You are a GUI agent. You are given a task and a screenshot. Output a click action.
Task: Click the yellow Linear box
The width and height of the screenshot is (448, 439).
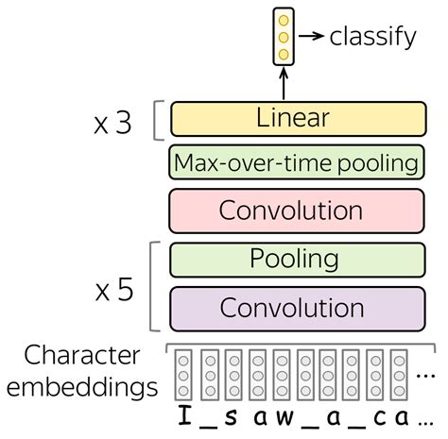click(x=293, y=119)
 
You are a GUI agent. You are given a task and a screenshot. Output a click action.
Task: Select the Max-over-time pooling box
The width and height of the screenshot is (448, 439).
click(x=295, y=163)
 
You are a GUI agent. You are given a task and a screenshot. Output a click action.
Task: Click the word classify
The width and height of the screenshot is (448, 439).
click(x=373, y=37)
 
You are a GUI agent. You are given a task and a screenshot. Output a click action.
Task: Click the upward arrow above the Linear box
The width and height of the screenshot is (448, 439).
click(x=282, y=82)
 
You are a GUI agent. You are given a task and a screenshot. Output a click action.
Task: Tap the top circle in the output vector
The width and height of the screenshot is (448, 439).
click(x=282, y=20)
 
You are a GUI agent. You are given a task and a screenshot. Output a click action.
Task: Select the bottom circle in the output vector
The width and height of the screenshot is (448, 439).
click(x=282, y=54)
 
